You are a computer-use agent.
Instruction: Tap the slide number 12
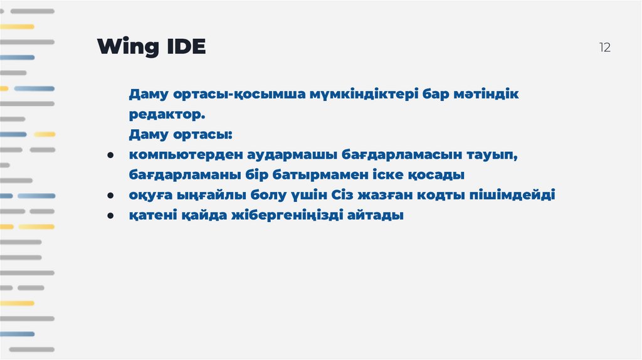click(x=604, y=48)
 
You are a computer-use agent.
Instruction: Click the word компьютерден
click(x=181, y=155)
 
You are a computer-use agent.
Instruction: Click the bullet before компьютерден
click(x=110, y=155)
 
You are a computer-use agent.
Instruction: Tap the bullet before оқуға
click(x=110, y=195)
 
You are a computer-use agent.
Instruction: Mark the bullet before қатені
click(x=110, y=215)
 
